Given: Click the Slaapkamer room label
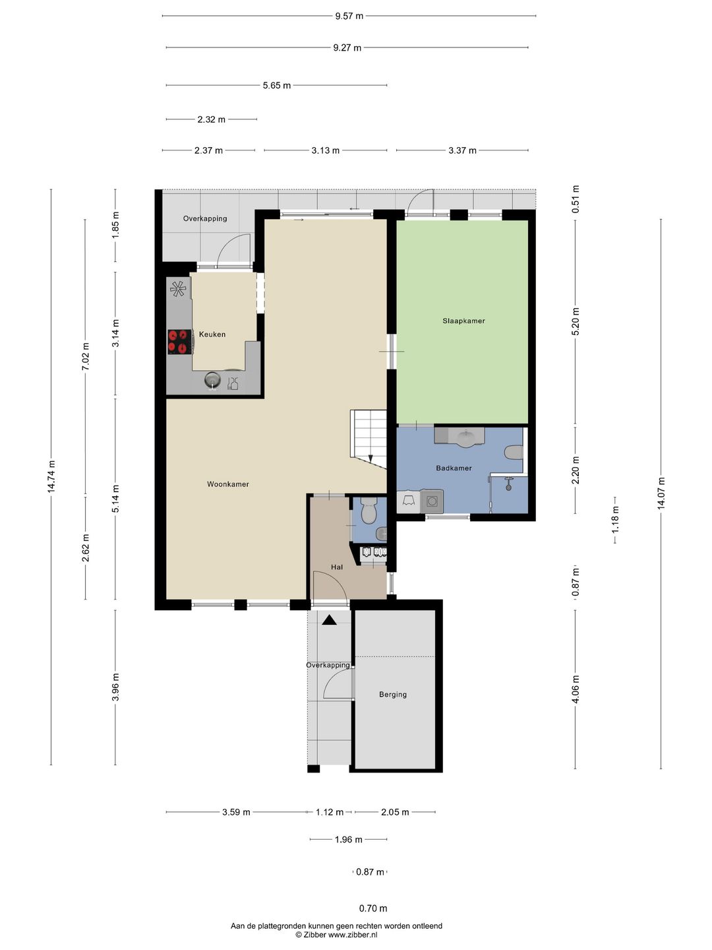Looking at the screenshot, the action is [x=463, y=321].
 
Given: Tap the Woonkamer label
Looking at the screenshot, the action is [x=228, y=484].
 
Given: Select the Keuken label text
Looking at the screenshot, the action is [x=212, y=334].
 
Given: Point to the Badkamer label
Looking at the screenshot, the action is [x=454, y=468].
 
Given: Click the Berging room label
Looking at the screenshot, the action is [x=392, y=694].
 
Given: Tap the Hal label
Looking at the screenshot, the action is [x=337, y=567].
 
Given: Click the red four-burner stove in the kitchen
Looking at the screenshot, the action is [x=180, y=342].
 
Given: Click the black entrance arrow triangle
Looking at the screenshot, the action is [x=329, y=620].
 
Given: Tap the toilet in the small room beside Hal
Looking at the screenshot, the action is [x=369, y=510].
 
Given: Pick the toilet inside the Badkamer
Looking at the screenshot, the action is [x=514, y=453].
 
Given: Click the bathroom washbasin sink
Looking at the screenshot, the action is [x=466, y=437].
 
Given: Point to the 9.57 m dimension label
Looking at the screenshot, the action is [x=349, y=16].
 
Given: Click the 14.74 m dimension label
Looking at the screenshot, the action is [x=51, y=476].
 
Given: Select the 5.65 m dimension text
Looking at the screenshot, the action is [x=277, y=85].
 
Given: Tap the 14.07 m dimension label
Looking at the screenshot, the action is [x=661, y=493].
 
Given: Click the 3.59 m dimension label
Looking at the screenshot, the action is [x=236, y=812].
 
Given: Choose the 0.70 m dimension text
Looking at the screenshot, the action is [x=373, y=908].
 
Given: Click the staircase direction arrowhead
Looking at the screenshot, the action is [x=371, y=459].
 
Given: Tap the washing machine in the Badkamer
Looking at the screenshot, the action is [x=431, y=501].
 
